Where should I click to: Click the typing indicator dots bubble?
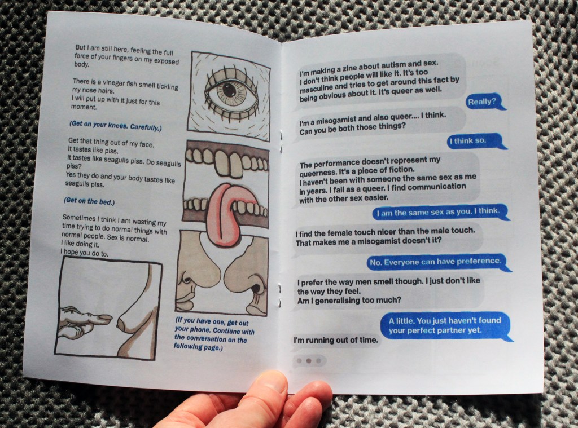pyautogui.click(x=309, y=360)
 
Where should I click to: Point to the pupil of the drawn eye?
pyautogui.click(x=229, y=90)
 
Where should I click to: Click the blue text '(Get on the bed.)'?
pyautogui.click(x=89, y=201)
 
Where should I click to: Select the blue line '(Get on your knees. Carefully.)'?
pyautogui.click(x=115, y=126)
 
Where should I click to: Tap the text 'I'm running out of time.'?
pyautogui.click(x=336, y=340)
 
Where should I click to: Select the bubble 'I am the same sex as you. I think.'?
pyautogui.click(x=440, y=212)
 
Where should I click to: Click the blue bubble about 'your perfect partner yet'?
pyautogui.click(x=446, y=326)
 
